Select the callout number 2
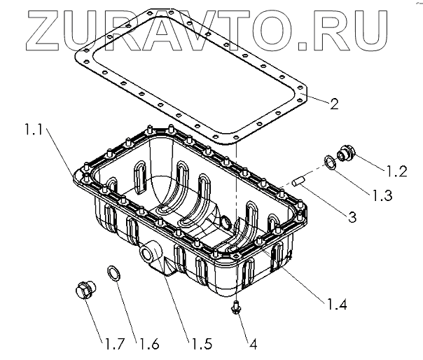(334, 106)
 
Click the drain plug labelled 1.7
(85, 290)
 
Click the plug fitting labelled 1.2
(346, 154)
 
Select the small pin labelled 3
(300, 180)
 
